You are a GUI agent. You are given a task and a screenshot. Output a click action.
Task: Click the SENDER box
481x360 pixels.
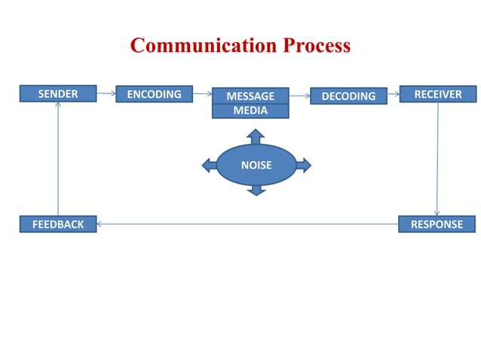tap(58, 93)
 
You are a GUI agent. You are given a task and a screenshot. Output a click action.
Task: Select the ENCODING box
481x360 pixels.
tap(154, 94)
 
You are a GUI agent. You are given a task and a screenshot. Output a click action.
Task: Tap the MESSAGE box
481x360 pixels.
tap(250, 96)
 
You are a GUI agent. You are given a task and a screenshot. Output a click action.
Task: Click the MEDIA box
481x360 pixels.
tap(250, 111)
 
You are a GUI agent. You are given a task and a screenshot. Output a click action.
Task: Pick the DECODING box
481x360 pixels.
tap(348, 96)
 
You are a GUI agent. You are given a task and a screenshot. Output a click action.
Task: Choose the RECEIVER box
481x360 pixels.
tap(437, 93)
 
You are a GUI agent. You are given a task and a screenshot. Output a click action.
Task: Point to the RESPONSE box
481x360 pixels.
tap(437, 224)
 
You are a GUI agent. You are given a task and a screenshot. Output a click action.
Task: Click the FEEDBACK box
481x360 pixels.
tap(58, 224)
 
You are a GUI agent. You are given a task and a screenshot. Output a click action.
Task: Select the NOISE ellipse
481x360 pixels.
tap(256, 165)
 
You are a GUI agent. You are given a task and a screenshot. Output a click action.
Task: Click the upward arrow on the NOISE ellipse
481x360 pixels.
tap(256, 136)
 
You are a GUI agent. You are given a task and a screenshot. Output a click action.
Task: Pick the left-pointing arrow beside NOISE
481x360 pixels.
tap(209, 165)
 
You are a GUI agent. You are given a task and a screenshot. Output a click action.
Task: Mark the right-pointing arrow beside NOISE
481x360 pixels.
tap(302, 165)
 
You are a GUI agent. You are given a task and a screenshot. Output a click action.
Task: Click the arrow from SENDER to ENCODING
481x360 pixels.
tap(106, 94)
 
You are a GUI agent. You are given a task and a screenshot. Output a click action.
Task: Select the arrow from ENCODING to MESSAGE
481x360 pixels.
tap(201, 95)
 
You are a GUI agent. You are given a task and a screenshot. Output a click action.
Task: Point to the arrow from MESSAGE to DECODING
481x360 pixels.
tap(299, 96)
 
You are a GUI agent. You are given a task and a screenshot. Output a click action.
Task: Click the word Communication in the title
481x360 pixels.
tap(204, 46)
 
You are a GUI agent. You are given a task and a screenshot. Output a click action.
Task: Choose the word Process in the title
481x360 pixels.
tap(317, 46)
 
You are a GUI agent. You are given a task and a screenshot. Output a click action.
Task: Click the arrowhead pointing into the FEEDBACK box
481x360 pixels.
tap(100, 224)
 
